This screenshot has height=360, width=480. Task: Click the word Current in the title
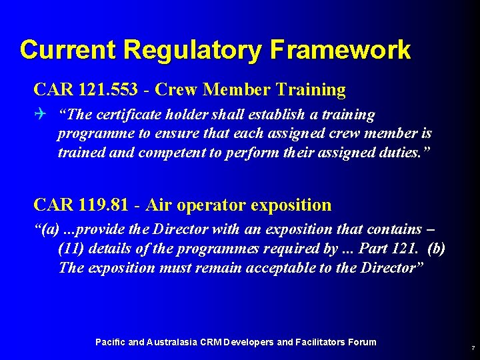(x=69, y=50)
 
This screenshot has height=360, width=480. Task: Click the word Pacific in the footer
(x=110, y=342)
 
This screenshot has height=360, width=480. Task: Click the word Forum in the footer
(x=361, y=342)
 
